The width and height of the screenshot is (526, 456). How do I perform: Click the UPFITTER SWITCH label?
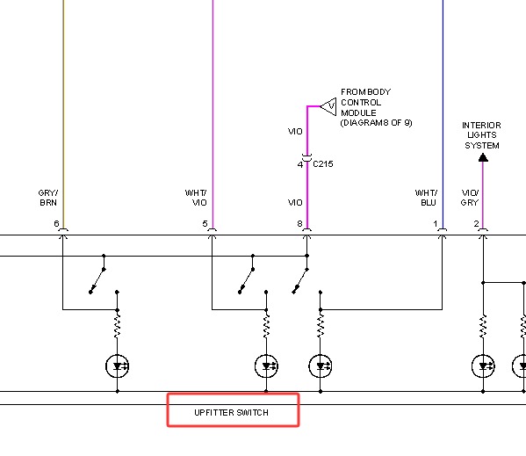pyautogui.click(x=231, y=412)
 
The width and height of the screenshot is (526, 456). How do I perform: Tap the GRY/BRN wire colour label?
pyautogui.click(x=48, y=198)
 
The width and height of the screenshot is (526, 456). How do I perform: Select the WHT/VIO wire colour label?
pyautogui.click(x=196, y=198)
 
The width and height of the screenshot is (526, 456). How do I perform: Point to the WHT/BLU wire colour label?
pyautogui.click(x=426, y=198)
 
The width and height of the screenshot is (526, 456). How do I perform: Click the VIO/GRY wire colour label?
pyautogui.click(x=470, y=198)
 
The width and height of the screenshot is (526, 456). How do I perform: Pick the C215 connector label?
pyautogui.click(x=322, y=164)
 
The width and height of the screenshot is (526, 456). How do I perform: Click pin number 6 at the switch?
pyautogui.click(x=56, y=223)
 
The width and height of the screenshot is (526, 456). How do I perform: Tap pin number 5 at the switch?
pyautogui.click(x=205, y=223)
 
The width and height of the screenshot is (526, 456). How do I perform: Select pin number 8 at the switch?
pyautogui.click(x=299, y=223)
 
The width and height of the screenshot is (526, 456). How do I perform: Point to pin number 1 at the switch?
pyautogui.click(x=436, y=223)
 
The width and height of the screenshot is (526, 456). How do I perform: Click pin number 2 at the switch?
pyautogui.click(x=476, y=223)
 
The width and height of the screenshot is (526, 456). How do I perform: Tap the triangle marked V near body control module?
pyautogui.click(x=328, y=106)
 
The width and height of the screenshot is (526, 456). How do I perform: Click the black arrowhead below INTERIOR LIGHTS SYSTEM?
pyautogui.click(x=483, y=157)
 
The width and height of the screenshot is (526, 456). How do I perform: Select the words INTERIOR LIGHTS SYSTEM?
pyautogui.click(x=481, y=135)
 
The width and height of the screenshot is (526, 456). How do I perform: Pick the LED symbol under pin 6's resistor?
pyautogui.click(x=117, y=366)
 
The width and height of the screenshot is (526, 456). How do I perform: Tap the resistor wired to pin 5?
pyautogui.click(x=266, y=326)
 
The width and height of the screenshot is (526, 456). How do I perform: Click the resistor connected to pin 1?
pyautogui.click(x=321, y=326)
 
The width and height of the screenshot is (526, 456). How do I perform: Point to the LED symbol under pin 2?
pyautogui.click(x=483, y=366)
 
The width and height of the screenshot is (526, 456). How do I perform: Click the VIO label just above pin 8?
pyautogui.click(x=295, y=203)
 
